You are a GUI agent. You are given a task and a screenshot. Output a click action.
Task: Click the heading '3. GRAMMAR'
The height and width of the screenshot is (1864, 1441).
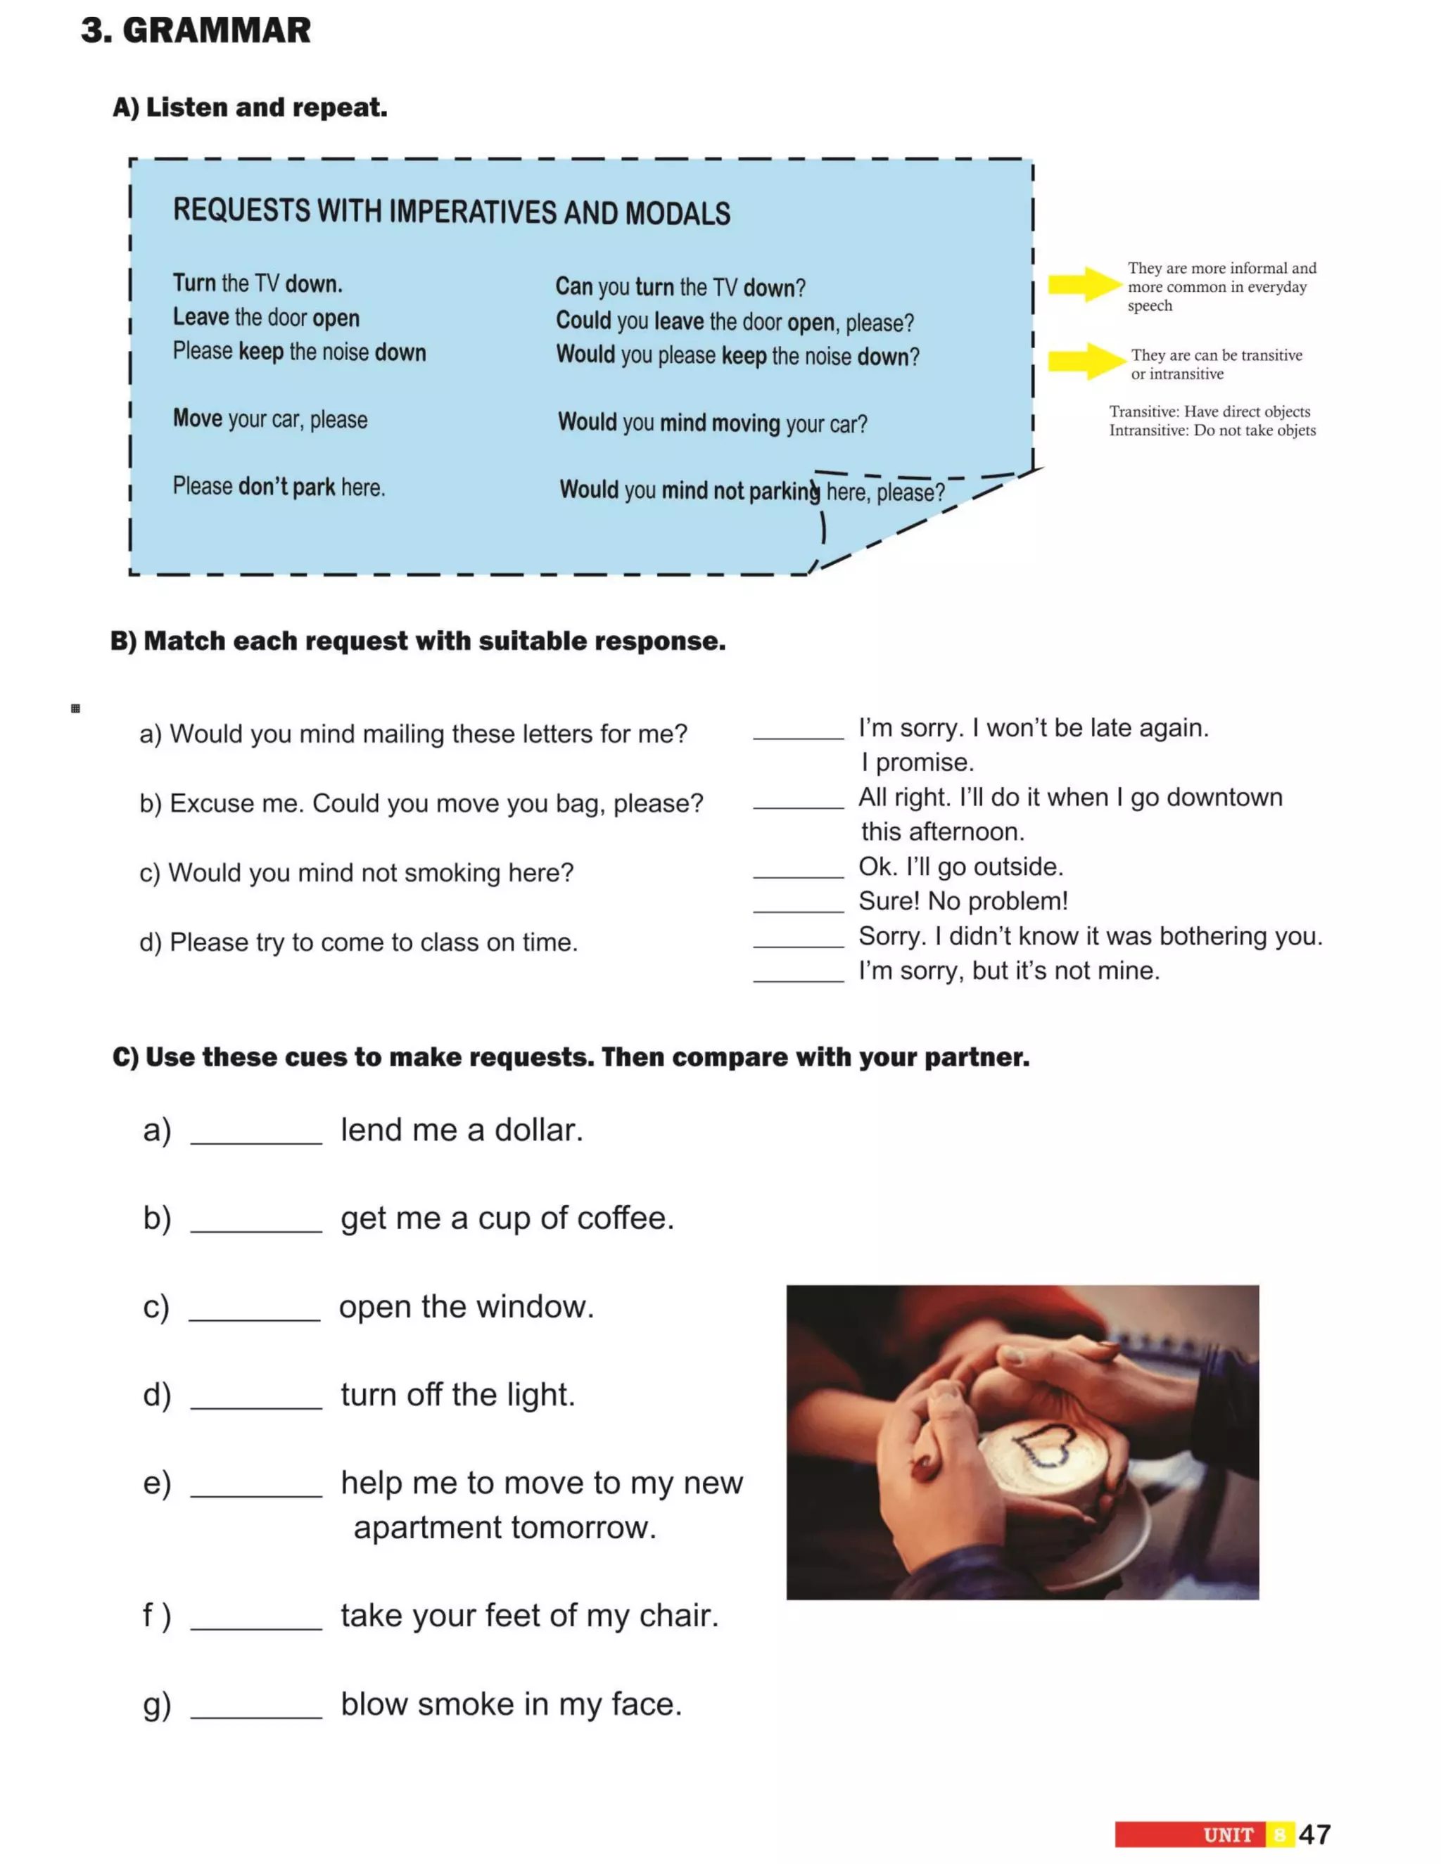[x=196, y=31]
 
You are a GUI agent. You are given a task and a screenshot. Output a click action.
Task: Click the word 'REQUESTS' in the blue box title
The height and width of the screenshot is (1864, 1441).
[x=241, y=210]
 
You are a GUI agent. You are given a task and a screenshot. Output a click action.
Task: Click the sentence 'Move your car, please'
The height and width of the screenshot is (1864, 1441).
[x=269, y=419]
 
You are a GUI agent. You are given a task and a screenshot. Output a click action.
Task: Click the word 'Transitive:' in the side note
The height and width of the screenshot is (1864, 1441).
[x=1144, y=411]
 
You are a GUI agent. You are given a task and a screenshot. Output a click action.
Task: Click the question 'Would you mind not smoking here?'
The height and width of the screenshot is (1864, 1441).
[x=356, y=872]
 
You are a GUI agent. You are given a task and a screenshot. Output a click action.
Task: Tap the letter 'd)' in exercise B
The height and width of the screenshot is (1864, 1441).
[x=151, y=943]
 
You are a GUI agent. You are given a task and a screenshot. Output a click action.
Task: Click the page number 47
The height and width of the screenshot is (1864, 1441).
[x=1314, y=1834]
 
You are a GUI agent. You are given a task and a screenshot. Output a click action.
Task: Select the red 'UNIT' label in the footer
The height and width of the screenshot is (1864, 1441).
[x=1228, y=1835]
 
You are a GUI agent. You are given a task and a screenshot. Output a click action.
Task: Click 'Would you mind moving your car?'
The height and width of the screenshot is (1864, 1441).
[x=712, y=423]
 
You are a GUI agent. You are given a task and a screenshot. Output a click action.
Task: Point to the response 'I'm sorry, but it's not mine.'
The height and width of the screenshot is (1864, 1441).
[x=1009, y=971]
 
